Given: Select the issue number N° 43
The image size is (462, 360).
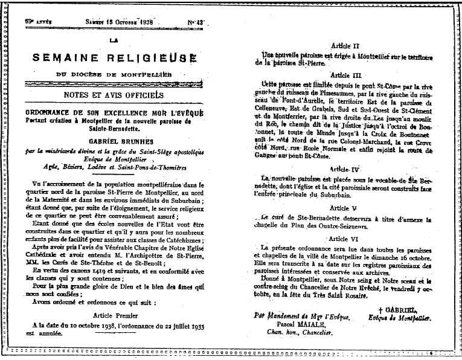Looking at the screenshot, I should coord(196,22).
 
